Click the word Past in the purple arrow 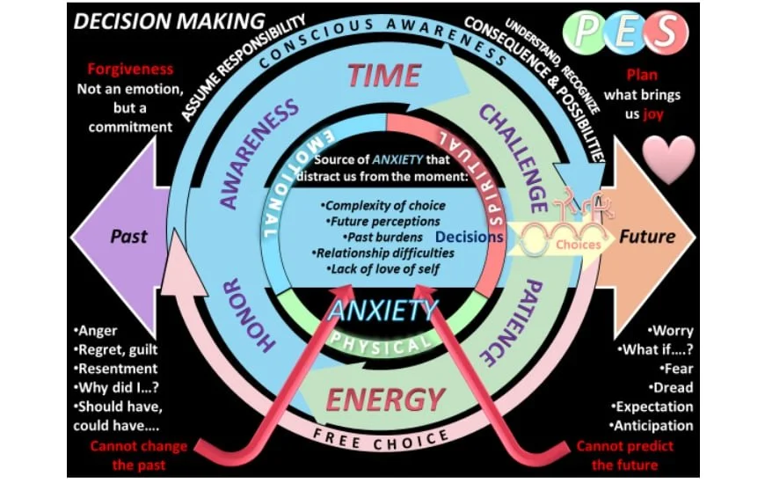[128, 237]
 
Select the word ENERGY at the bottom [384, 399]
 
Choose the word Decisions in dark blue [469, 237]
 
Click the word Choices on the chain [578, 245]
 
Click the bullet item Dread [673, 388]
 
